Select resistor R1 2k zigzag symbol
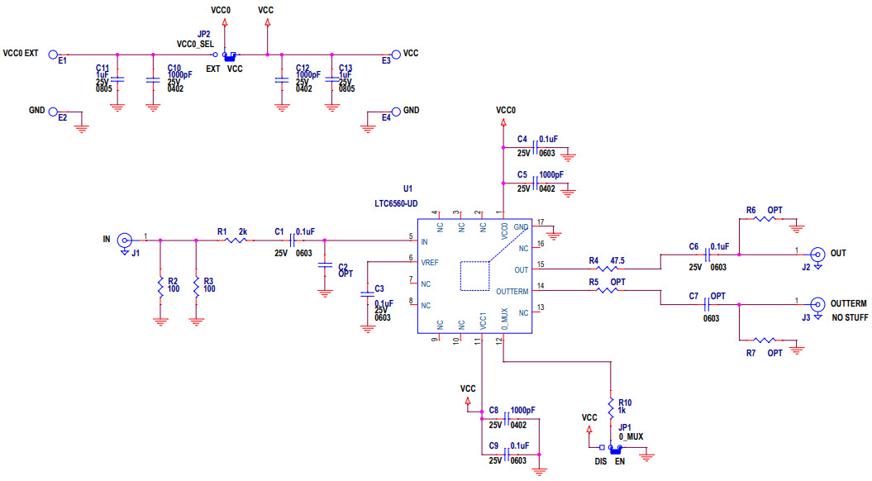point(236,240)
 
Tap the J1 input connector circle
point(124,240)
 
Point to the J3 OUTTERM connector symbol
point(817,305)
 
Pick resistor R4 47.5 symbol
point(606,268)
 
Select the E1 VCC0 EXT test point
point(54,55)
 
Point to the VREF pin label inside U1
point(431,262)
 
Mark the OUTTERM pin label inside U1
point(515,290)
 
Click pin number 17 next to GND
point(541,222)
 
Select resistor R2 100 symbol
point(160,286)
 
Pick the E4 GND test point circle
point(396,112)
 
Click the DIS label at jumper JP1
point(600,463)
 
